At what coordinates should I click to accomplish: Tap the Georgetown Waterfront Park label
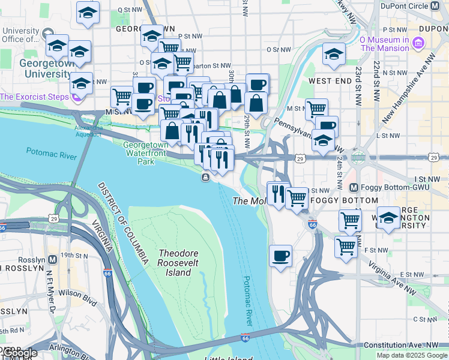pyautogui.click(x=145, y=153)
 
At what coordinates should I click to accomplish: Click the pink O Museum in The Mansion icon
pyautogui.click(x=418, y=43)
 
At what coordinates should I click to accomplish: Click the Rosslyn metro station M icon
pyautogui.click(x=53, y=260)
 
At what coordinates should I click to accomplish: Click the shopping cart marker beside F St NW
pyautogui.click(x=346, y=245)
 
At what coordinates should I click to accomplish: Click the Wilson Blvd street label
pyautogui.click(x=78, y=294)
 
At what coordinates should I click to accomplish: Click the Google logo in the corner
pyautogui.click(x=19, y=353)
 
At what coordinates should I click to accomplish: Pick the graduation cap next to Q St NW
pyautogui.click(x=88, y=13)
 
